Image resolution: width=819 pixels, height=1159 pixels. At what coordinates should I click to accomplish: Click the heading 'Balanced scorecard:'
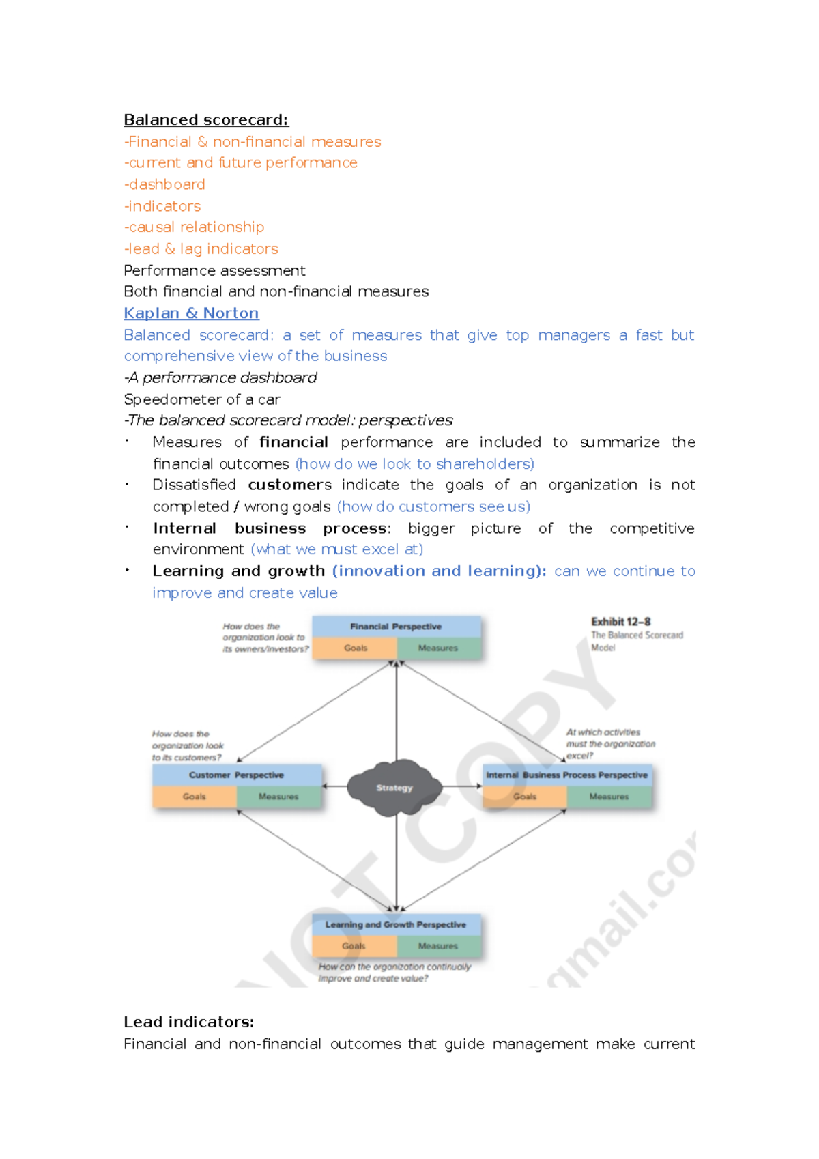206,120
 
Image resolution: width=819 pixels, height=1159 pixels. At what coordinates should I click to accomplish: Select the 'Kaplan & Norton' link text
191,313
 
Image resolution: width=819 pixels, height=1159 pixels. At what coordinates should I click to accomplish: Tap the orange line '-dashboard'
164,184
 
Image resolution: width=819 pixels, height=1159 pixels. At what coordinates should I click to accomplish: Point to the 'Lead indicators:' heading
188,1022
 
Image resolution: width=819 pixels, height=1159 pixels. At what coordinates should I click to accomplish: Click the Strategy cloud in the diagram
394,788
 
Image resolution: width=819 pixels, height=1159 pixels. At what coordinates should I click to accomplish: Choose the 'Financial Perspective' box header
396,627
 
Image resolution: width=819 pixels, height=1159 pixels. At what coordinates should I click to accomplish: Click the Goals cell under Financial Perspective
355,648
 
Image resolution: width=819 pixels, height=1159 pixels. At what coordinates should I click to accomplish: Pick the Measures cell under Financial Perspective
438,648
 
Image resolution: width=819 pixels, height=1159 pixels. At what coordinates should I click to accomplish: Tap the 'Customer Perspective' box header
236,775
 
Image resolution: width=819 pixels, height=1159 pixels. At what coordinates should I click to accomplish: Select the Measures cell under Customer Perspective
278,797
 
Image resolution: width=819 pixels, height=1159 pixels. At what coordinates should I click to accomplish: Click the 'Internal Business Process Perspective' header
566,775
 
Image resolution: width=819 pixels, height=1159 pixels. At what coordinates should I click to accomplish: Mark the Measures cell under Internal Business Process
609,797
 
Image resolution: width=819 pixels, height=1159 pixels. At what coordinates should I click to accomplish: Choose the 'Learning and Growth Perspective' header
396,925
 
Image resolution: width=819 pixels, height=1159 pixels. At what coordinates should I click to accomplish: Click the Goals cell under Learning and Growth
354,946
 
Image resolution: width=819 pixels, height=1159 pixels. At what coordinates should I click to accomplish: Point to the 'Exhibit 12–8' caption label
620,622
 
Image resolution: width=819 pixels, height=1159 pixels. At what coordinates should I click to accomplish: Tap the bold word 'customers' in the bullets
289,485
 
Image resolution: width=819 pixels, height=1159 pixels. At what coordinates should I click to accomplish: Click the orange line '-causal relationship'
195,227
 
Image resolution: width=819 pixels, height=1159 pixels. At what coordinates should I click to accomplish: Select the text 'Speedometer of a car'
202,399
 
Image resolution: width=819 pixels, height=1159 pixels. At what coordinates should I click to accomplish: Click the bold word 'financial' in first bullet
293,442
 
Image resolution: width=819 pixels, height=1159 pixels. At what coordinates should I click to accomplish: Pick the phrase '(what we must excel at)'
337,549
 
